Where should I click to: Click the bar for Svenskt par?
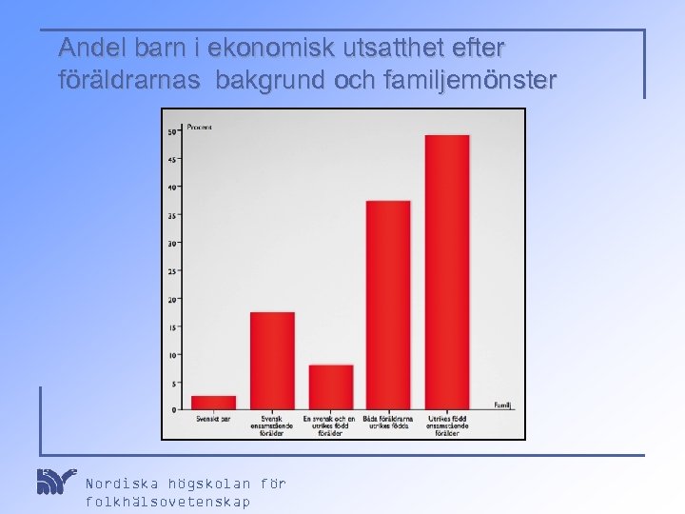click(213, 403)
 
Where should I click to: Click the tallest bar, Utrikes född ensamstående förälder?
click(447, 271)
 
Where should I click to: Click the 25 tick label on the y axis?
click(172, 271)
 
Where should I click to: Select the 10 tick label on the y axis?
click(172, 355)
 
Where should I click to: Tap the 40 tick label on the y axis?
click(172, 188)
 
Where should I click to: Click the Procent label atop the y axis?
click(200, 127)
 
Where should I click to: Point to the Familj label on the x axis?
click(502, 405)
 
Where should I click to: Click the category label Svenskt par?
click(213, 418)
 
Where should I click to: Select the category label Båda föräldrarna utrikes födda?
click(388, 422)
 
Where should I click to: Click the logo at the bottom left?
click(55, 482)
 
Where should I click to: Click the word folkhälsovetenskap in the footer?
click(168, 502)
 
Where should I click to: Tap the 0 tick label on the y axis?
click(174, 409)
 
